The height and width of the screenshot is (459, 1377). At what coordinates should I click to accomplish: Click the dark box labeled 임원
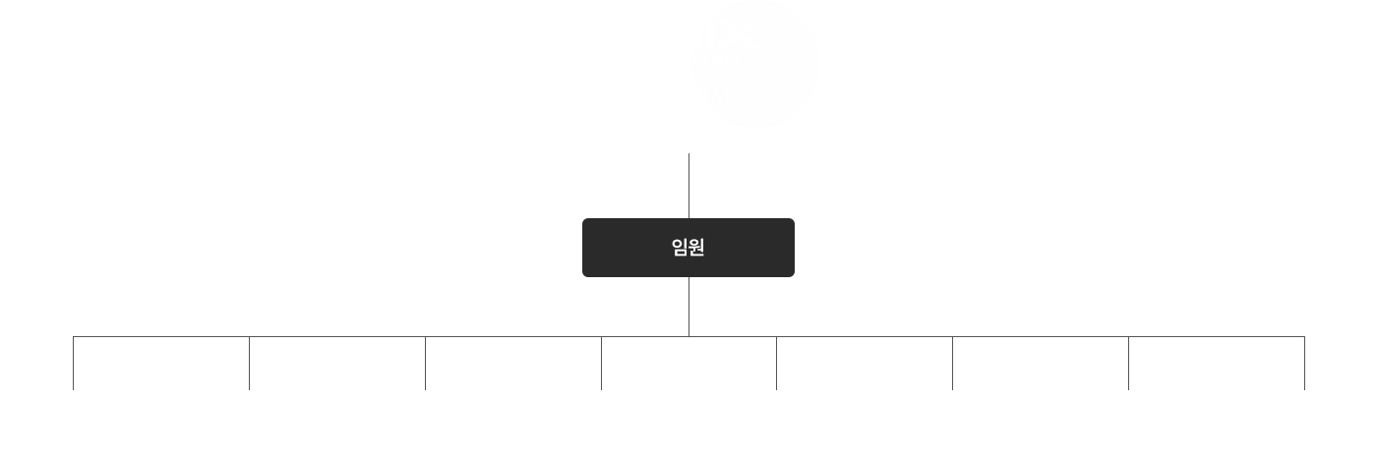(688, 248)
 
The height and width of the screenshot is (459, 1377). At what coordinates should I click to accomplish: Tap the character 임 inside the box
(680, 247)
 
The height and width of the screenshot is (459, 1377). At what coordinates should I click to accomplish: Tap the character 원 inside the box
(696, 247)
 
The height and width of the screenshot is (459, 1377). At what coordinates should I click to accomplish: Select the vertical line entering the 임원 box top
(688, 186)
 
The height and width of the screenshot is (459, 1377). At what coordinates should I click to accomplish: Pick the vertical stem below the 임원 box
(688, 307)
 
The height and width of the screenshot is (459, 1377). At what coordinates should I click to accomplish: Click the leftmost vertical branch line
(73, 363)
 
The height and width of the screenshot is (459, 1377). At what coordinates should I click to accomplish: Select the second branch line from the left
(249, 363)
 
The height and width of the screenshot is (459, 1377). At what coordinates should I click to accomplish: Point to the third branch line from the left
(425, 363)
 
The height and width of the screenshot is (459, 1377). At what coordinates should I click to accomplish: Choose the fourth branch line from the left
(601, 363)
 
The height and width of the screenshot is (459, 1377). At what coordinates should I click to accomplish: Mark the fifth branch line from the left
(776, 363)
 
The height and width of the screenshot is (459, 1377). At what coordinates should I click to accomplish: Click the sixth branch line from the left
(953, 363)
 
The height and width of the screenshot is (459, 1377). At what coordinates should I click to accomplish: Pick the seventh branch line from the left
(1129, 363)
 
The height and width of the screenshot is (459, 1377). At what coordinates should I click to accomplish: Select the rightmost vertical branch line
(1304, 363)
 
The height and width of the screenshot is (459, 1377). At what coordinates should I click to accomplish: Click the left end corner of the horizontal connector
(73, 337)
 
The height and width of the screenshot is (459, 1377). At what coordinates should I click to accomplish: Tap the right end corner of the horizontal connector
(1304, 337)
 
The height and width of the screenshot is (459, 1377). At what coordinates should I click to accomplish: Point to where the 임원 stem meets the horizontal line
(688, 337)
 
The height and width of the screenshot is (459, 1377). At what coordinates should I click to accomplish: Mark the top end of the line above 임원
(688, 153)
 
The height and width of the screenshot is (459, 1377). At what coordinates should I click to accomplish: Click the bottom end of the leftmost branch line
(73, 389)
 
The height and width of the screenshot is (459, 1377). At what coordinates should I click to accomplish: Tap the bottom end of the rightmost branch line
(1304, 389)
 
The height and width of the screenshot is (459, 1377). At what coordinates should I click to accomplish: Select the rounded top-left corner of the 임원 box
(584, 220)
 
